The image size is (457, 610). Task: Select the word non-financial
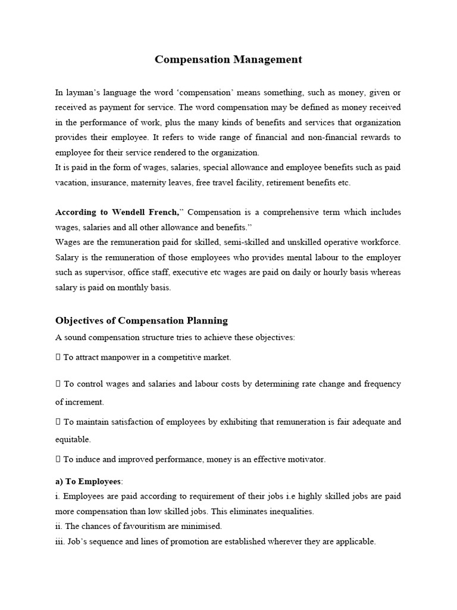(328, 137)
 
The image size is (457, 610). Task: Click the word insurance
(116, 183)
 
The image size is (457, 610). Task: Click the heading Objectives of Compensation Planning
(141, 320)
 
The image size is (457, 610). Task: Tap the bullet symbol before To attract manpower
(58, 357)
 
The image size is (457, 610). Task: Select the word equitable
(73, 440)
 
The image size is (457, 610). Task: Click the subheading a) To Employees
(89, 481)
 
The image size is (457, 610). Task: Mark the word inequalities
(288, 512)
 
